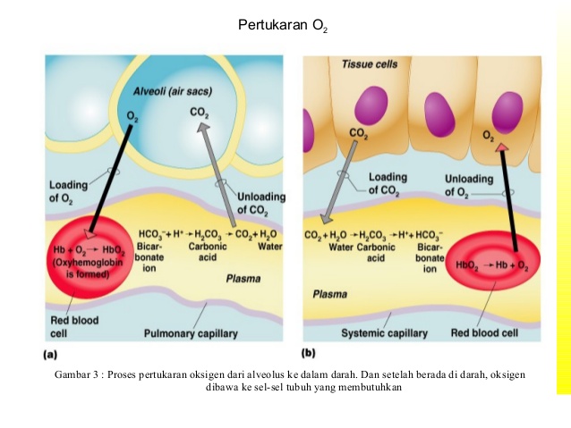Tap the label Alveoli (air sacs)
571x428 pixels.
(171, 92)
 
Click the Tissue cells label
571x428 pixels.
(370, 65)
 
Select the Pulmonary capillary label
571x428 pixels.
(191, 333)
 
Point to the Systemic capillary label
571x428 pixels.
(384, 333)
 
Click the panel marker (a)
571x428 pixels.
(52, 354)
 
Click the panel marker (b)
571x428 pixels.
(309, 354)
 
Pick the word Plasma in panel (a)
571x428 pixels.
(243, 279)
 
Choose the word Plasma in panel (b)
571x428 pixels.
(330, 293)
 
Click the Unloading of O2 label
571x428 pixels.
(468, 185)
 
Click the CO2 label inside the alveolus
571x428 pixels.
(200, 113)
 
